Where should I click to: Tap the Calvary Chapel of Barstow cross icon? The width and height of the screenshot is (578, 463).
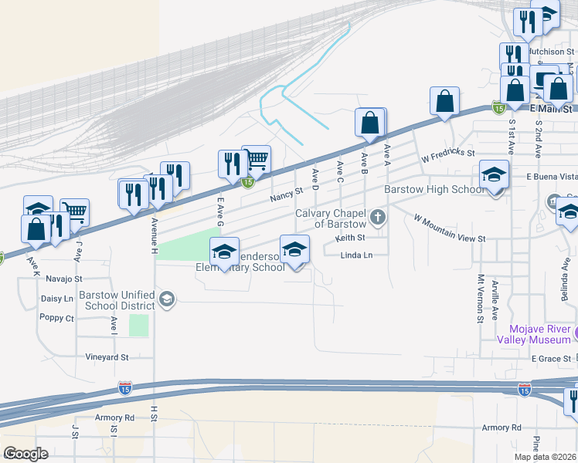point(378,217)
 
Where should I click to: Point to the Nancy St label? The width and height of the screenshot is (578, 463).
point(285,198)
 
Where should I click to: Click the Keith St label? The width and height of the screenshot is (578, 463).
point(350,238)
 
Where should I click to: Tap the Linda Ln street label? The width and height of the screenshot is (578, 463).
point(356,255)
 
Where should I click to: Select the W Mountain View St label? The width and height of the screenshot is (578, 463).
point(449,229)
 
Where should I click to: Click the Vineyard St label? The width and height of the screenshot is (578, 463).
point(107,357)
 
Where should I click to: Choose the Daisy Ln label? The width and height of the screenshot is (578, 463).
point(56,298)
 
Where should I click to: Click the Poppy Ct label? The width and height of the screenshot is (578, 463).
point(58,318)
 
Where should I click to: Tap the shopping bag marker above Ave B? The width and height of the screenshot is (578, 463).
point(370,123)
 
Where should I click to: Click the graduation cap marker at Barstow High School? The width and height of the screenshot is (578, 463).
point(494,175)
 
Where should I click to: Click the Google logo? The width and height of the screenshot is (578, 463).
point(26,455)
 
